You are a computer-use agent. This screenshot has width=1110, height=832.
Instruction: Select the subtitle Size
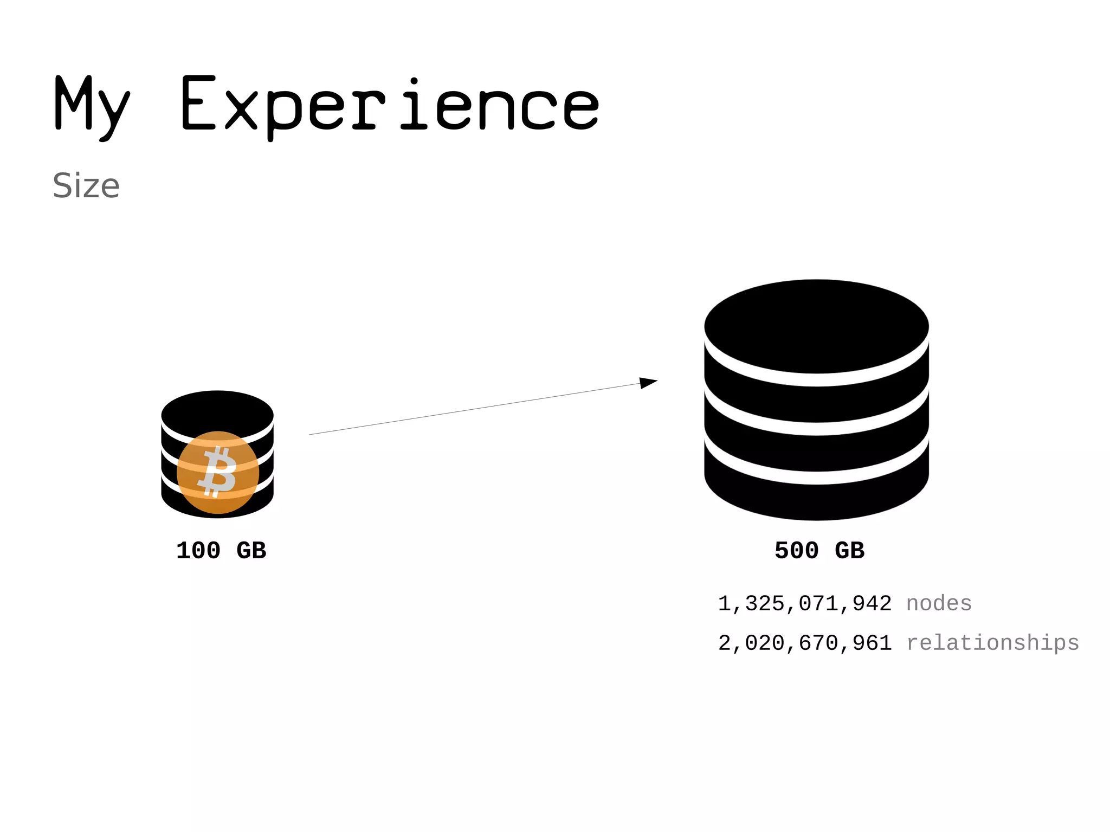pyautogui.click(x=86, y=186)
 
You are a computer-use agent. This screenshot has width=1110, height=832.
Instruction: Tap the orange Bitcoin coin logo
pyautogui.click(x=218, y=472)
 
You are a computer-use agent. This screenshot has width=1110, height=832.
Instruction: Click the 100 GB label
pyautogui.click(x=221, y=551)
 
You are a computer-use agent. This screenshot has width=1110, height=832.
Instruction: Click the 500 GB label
pyautogui.click(x=819, y=551)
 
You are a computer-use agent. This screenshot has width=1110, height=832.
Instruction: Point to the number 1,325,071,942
pyautogui.click(x=804, y=604)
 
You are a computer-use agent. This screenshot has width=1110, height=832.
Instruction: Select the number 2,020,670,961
pyautogui.click(x=804, y=643)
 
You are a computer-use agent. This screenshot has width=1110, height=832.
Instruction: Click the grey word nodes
pyautogui.click(x=939, y=603)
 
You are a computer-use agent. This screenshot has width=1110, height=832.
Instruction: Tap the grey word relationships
pyautogui.click(x=992, y=643)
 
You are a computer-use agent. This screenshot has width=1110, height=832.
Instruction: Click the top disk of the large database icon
pyautogui.click(x=816, y=326)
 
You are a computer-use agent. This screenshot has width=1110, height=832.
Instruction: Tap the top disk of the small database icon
pyautogui.click(x=217, y=412)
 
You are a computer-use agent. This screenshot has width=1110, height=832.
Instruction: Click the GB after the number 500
pyautogui.click(x=849, y=551)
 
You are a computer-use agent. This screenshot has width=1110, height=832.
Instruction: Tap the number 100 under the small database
pyautogui.click(x=198, y=551)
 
